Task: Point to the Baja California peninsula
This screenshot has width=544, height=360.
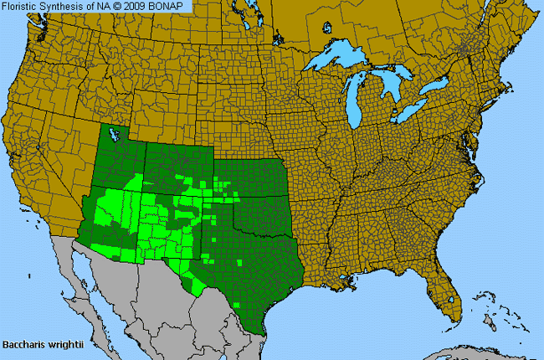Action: [x=84, y=276]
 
